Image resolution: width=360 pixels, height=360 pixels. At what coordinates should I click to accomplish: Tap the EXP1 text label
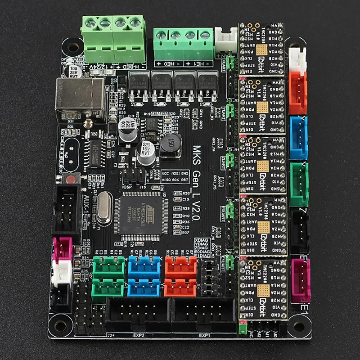click(205, 335)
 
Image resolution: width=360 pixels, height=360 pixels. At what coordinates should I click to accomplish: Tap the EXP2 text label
click(139, 335)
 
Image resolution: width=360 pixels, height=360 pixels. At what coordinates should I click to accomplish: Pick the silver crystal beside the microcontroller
click(103, 207)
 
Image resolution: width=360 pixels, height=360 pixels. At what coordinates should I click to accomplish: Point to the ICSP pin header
click(135, 176)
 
